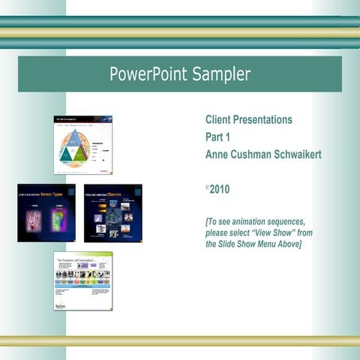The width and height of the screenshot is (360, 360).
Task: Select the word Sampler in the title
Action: click(x=220, y=74)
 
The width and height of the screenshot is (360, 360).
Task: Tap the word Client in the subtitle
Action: click(x=219, y=120)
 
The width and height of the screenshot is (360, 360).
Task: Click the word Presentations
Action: click(x=264, y=120)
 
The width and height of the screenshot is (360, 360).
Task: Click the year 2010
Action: click(x=220, y=190)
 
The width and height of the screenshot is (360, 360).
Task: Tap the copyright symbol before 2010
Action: click(x=207, y=188)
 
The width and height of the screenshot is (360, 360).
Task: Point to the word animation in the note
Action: click(x=254, y=222)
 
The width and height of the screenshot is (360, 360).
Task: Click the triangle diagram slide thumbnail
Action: click(x=82, y=145)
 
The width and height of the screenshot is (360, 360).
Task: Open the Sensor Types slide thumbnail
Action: click(x=46, y=213)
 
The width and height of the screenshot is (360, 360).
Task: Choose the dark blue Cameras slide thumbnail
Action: click(x=112, y=213)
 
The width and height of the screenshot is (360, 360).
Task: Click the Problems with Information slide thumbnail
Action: click(x=82, y=280)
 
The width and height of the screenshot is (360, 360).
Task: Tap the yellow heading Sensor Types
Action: click(x=54, y=193)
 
